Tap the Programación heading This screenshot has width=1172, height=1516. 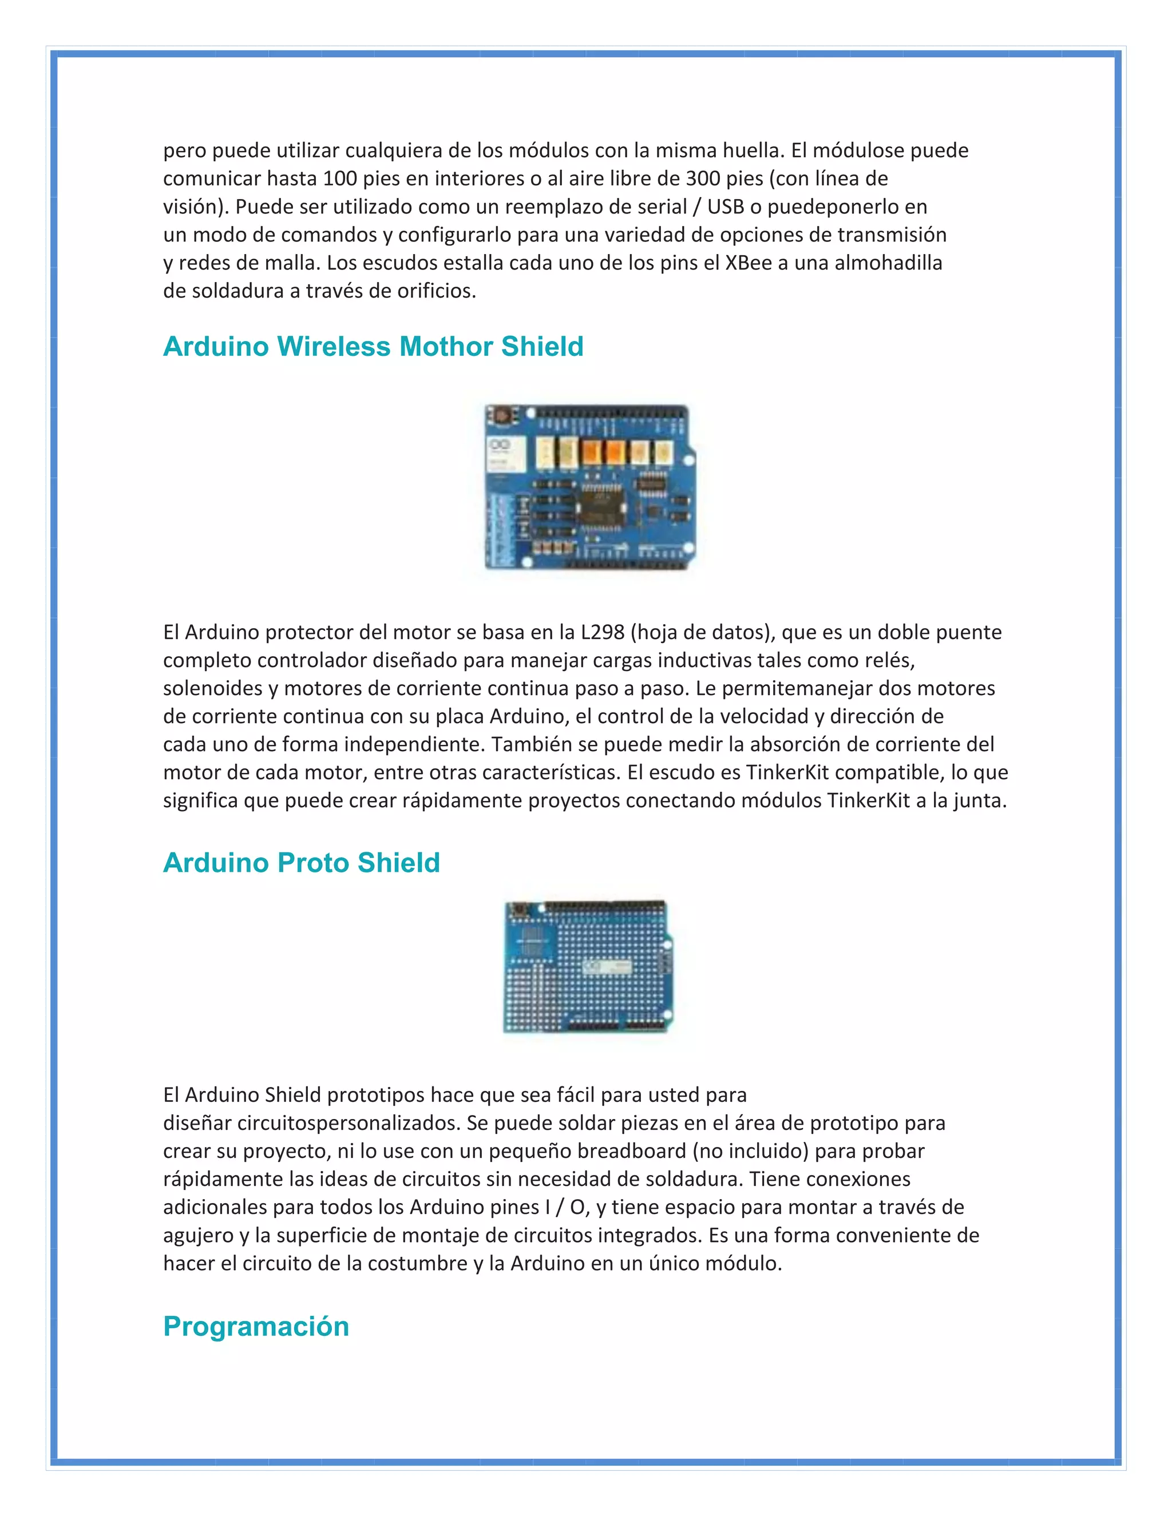255,1326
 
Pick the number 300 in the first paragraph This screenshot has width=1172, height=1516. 703,178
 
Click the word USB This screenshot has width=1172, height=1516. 725,207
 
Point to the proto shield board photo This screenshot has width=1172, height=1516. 587,967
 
